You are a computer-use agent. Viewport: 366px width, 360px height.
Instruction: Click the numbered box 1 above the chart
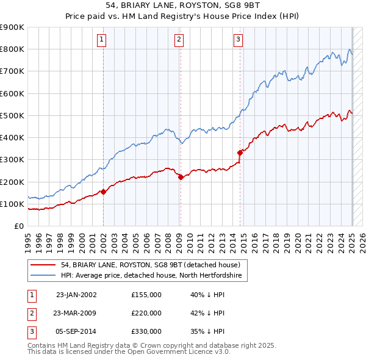[x=102, y=40]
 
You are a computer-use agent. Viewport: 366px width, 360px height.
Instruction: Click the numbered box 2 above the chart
[x=179, y=40]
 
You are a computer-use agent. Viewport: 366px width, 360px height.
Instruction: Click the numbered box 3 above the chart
[x=238, y=40]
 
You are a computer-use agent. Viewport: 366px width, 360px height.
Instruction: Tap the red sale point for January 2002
[x=103, y=192]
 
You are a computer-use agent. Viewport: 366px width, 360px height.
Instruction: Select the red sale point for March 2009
[x=181, y=177]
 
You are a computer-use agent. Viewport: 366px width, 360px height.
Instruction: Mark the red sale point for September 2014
[x=240, y=153]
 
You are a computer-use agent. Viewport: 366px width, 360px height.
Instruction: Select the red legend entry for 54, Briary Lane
[x=151, y=265]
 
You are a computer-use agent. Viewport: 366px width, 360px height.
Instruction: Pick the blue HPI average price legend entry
[x=151, y=276]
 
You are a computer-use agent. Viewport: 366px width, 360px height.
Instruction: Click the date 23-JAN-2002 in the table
[x=76, y=295]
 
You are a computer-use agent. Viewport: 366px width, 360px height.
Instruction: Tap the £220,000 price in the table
[x=146, y=313]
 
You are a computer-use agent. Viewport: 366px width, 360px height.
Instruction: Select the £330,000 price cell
[x=146, y=331]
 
